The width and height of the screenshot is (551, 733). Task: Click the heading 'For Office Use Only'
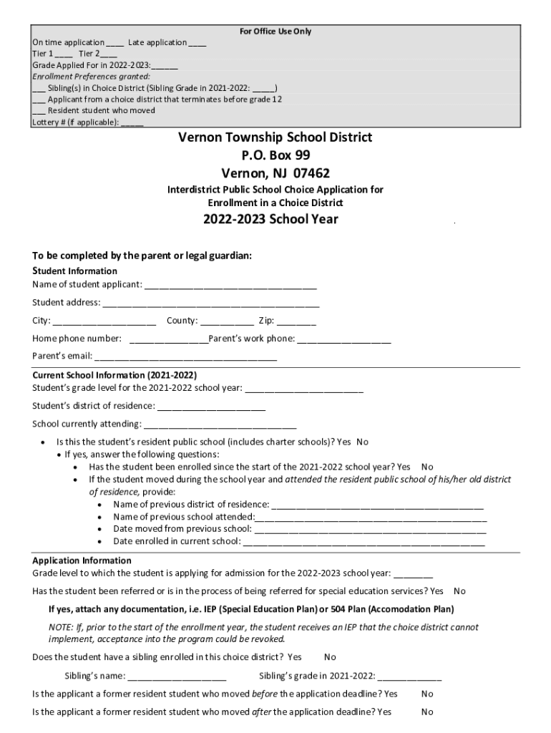pos(275,31)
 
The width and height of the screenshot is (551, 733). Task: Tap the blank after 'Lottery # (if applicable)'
pos(132,122)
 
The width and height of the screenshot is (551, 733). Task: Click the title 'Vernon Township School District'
pos(275,137)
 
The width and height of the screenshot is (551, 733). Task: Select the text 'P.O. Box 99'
pos(275,155)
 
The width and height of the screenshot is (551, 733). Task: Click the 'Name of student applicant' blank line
pos(230,286)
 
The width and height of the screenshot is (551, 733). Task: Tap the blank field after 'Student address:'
pos(210,304)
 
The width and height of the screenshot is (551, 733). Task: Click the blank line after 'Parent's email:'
pos(185,357)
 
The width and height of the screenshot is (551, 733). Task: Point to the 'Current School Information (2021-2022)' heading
pos(114,375)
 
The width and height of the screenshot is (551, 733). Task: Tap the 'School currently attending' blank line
pos(220,424)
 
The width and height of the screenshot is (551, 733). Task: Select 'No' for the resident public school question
pos(363,442)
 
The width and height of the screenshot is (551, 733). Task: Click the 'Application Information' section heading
pos(82,560)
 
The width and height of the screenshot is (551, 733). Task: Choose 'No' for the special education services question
pos(459,591)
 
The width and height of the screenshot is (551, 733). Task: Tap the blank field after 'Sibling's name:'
pos(177,676)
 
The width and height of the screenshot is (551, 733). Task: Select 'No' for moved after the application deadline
pos(427,712)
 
